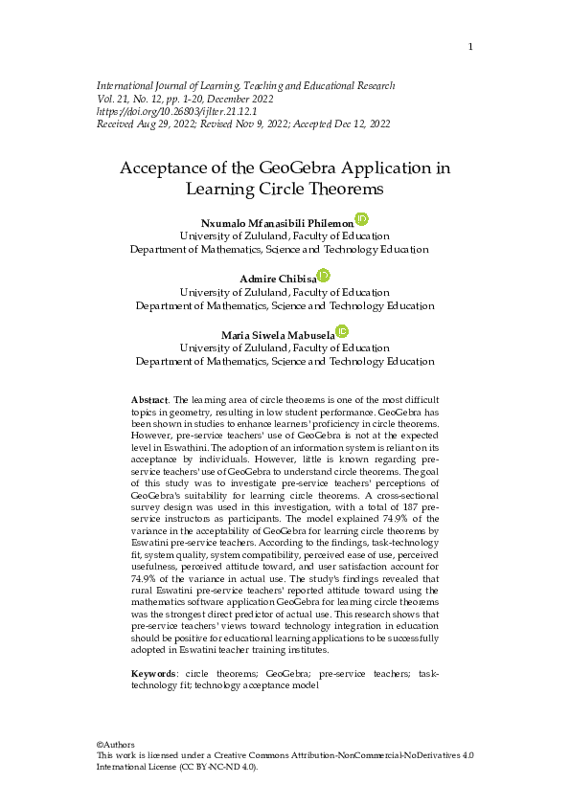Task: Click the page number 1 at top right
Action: pos(470,47)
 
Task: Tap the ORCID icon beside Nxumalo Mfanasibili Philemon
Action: pos(361,220)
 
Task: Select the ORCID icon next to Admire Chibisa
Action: pos(324,276)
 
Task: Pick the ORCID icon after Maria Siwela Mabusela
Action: pos(342,331)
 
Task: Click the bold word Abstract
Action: pos(148,397)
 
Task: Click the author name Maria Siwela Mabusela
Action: pos(278,334)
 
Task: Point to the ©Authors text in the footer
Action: pos(116,744)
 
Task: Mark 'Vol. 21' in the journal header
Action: pos(112,99)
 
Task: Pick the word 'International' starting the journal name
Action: pos(127,85)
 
